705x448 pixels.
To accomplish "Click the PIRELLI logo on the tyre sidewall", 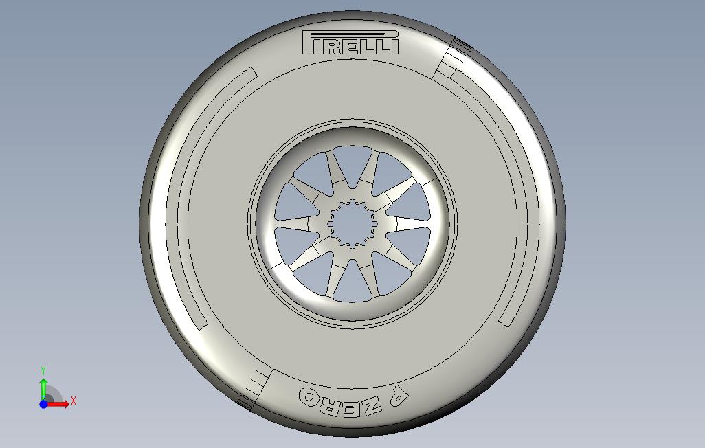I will click(x=351, y=43).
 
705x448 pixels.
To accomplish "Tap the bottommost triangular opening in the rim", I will click(x=352, y=281).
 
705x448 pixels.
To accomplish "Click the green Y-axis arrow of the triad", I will click(x=43, y=384).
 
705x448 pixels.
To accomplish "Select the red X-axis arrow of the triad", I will click(x=60, y=404).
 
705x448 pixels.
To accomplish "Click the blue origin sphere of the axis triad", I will click(x=43, y=404).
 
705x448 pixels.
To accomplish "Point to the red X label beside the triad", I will click(x=74, y=401).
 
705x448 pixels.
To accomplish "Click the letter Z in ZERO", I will click(x=371, y=405).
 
